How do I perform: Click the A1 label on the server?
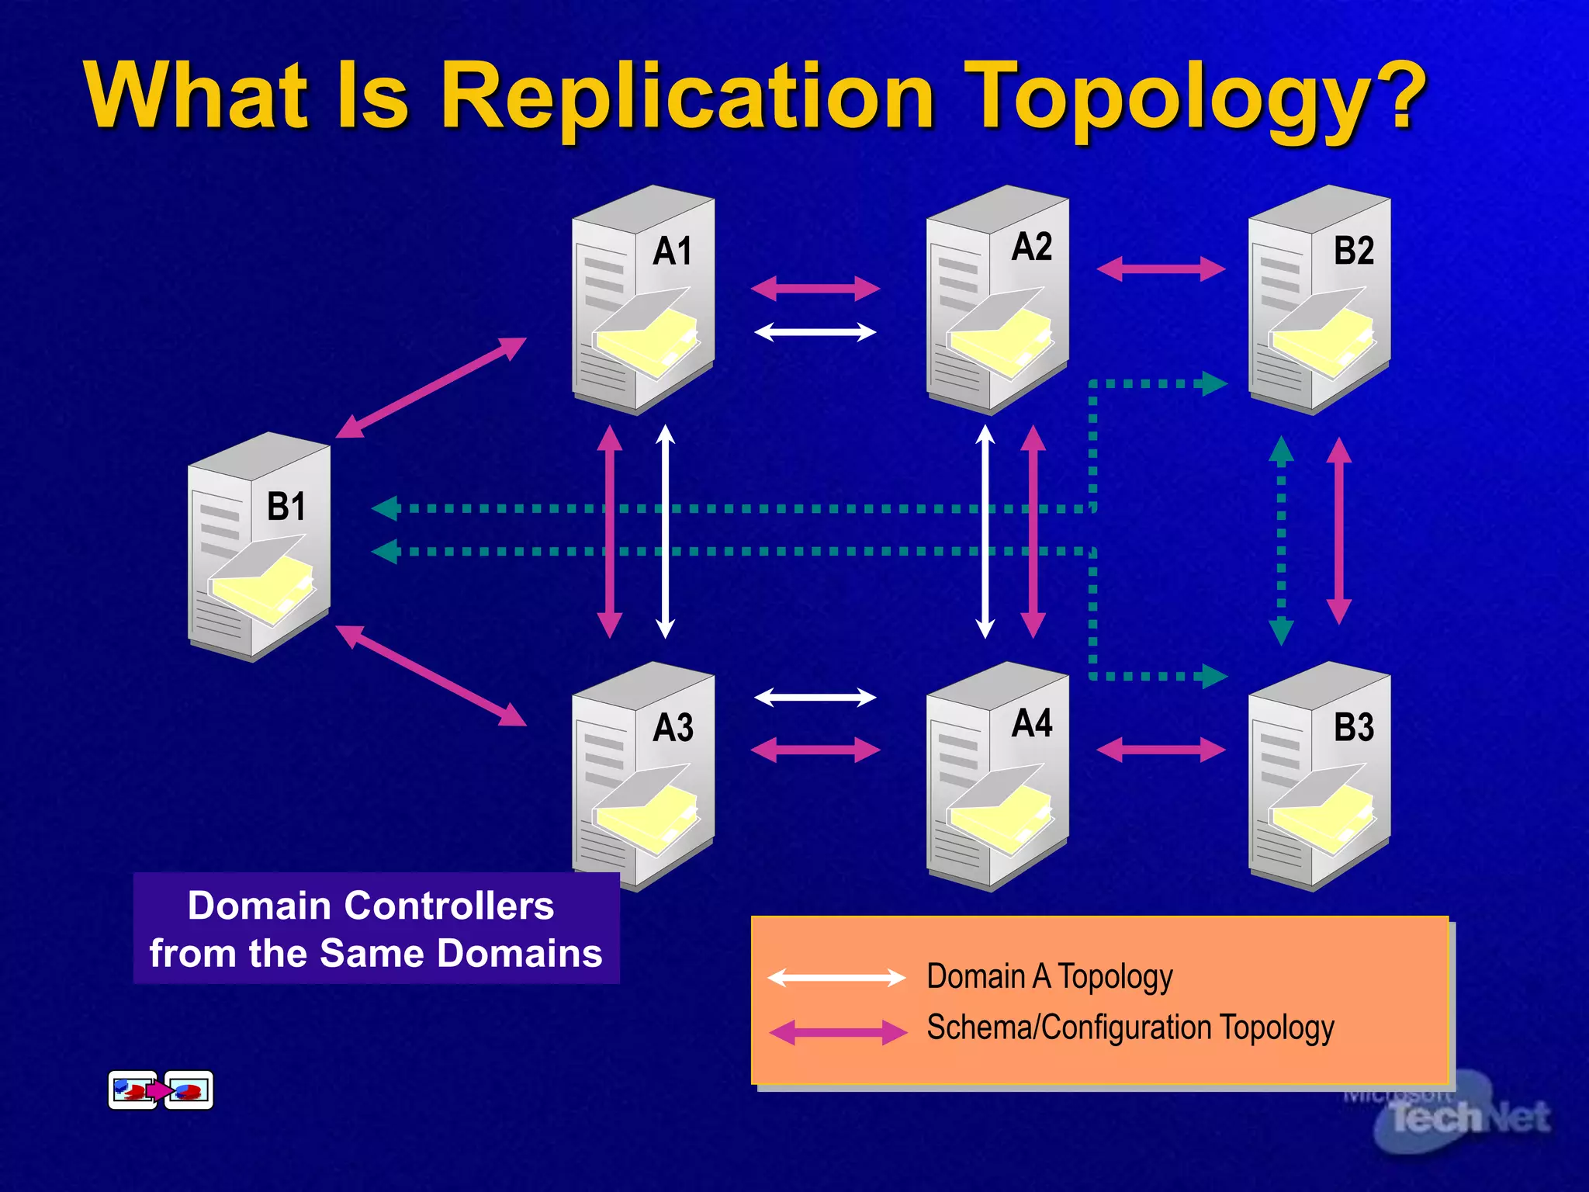tap(672, 251)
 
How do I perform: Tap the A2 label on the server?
tap(1031, 247)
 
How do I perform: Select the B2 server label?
tap(1353, 251)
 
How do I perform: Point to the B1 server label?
tap(286, 507)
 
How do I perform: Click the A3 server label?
tap(673, 728)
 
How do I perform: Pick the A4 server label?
tap(1031, 723)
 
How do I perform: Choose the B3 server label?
tap(1353, 727)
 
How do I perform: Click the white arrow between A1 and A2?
tap(815, 333)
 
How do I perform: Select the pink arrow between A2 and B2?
tap(1161, 269)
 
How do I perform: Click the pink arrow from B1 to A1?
tap(431, 387)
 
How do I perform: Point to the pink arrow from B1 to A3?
tap(431, 675)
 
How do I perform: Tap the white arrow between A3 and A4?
tap(815, 697)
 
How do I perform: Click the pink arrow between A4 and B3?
tap(1161, 750)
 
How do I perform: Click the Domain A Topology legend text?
tap(1049, 976)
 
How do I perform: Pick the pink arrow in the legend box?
tap(838, 1032)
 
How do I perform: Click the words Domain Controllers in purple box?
tap(371, 906)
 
